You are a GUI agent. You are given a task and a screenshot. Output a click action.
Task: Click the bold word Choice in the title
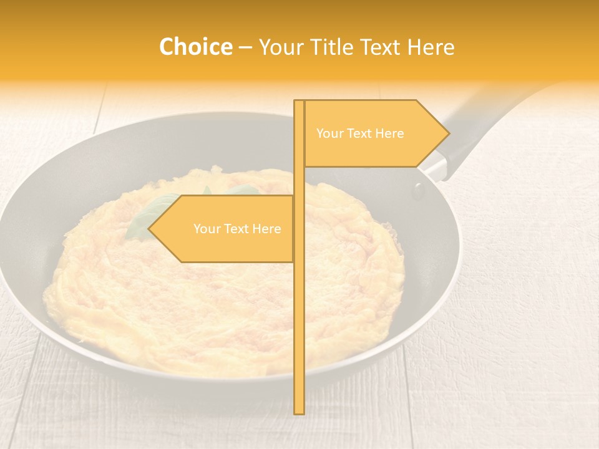pyautogui.click(x=195, y=47)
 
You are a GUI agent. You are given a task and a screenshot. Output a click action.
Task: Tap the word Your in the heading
pyautogui.click(x=280, y=47)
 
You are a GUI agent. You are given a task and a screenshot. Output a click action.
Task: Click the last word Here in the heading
pyautogui.click(x=431, y=47)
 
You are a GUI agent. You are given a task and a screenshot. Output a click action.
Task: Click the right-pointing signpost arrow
pyautogui.click(x=374, y=133)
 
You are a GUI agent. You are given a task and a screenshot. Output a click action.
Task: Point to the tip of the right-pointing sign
pyautogui.click(x=448, y=133)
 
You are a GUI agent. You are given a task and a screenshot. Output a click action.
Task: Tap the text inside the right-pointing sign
pyautogui.click(x=360, y=133)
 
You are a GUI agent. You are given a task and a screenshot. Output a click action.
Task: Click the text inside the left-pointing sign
pyautogui.click(x=237, y=229)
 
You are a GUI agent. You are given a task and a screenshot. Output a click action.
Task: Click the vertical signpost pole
pyautogui.click(x=299, y=312)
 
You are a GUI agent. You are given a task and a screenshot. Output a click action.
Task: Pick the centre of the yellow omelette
pyautogui.click(x=225, y=281)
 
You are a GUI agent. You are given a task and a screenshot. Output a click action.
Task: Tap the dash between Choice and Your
pyautogui.click(x=245, y=47)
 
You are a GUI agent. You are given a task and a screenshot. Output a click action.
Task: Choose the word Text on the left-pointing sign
pyautogui.click(x=238, y=229)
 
